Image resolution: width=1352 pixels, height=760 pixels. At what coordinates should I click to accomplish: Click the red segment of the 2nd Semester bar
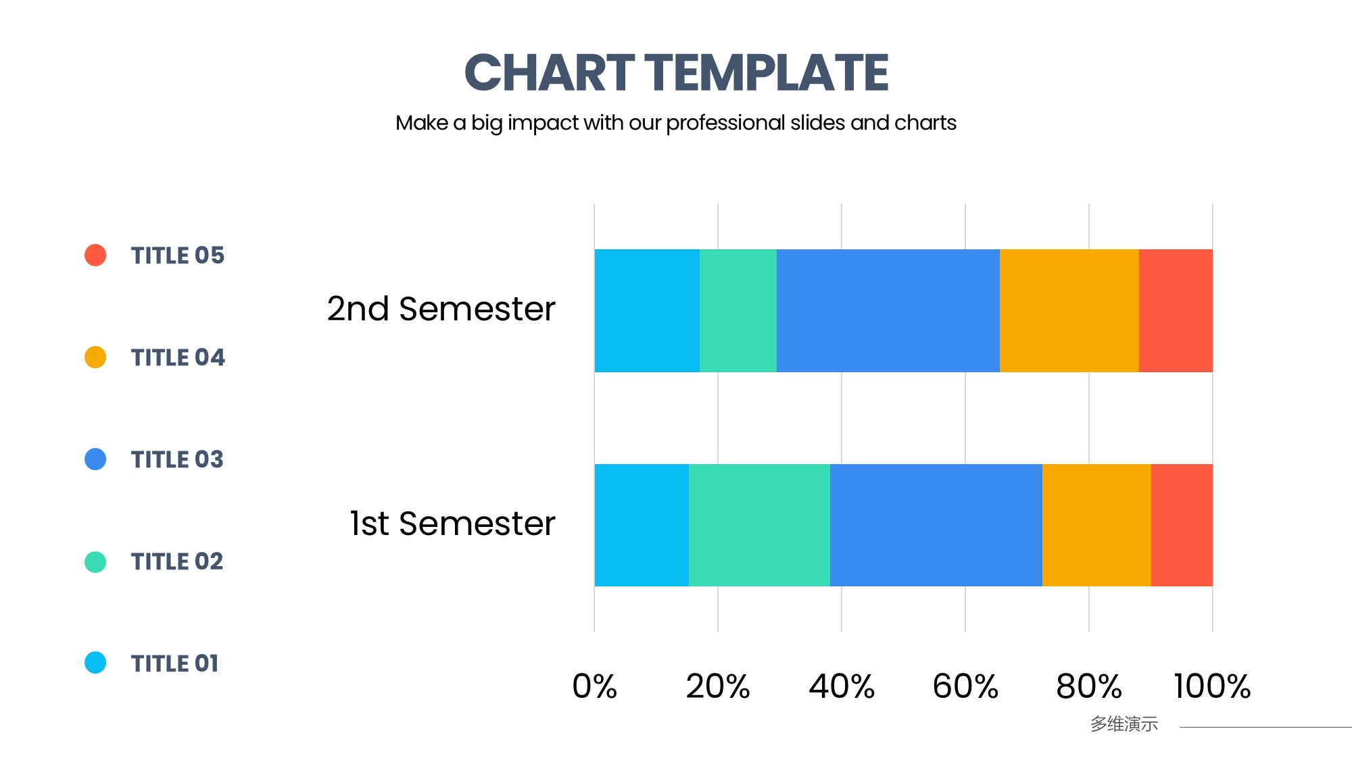pos(1176,311)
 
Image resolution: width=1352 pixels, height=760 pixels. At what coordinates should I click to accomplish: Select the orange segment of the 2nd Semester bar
pos(1069,311)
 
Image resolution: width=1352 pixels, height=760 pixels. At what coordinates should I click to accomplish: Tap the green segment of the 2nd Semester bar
pos(738,311)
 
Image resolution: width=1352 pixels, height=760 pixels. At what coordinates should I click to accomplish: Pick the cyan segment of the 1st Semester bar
pos(642,525)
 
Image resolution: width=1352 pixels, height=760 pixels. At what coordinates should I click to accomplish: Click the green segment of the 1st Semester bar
pos(759,525)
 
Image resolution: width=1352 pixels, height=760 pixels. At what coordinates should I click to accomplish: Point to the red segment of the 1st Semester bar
pos(1182,525)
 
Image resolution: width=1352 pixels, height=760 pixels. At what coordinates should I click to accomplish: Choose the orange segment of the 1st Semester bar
pos(1096,525)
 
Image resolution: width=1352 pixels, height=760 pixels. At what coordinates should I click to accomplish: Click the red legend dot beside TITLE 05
pos(95,255)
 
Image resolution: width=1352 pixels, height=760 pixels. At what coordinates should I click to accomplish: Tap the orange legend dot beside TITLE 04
pos(95,357)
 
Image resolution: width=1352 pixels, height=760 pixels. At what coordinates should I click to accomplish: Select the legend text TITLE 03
pos(177,459)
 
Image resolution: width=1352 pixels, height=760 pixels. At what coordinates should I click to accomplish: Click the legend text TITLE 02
pos(177,561)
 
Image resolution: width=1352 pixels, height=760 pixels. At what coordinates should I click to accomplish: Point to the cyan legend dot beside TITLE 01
pos(95,663)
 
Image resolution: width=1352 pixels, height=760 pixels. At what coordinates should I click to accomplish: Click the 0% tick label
pos(595,686)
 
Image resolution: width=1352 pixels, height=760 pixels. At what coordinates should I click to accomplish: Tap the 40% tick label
pos(842,686)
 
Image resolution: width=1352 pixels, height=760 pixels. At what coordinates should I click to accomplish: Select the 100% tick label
pos(1213,686)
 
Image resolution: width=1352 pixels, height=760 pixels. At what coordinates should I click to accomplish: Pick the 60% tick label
pos(965,686)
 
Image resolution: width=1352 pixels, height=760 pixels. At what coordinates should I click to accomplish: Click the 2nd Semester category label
pos(441,309)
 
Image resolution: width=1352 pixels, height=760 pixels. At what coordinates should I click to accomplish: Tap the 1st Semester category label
pos(452,524)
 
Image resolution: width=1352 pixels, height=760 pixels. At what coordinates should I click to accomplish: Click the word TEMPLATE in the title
pos(767,72)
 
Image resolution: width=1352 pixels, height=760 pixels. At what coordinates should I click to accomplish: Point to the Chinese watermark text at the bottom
pos(1124,724)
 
